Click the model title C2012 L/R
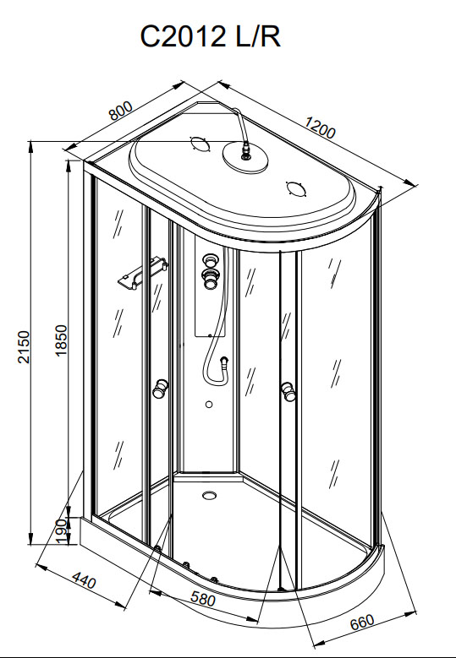pos(210,36)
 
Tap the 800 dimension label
pos(121,111)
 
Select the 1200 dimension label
pos(321,128)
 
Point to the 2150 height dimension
pos(24,346)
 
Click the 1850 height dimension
pos(62,340)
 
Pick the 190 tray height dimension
pos(62,531)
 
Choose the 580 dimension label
pos(203,599)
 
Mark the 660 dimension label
pos(361,622)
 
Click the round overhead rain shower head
pos(245,157)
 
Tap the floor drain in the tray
pos(209,495)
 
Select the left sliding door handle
pos(160,389)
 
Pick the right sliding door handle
pos(288,391)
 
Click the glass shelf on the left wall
pos(143,273)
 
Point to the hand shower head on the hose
pos(225,362)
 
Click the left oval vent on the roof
pos(200,144)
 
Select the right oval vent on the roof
pos(296,188)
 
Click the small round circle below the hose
pos(209,405)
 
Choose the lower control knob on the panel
pos(209,279)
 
